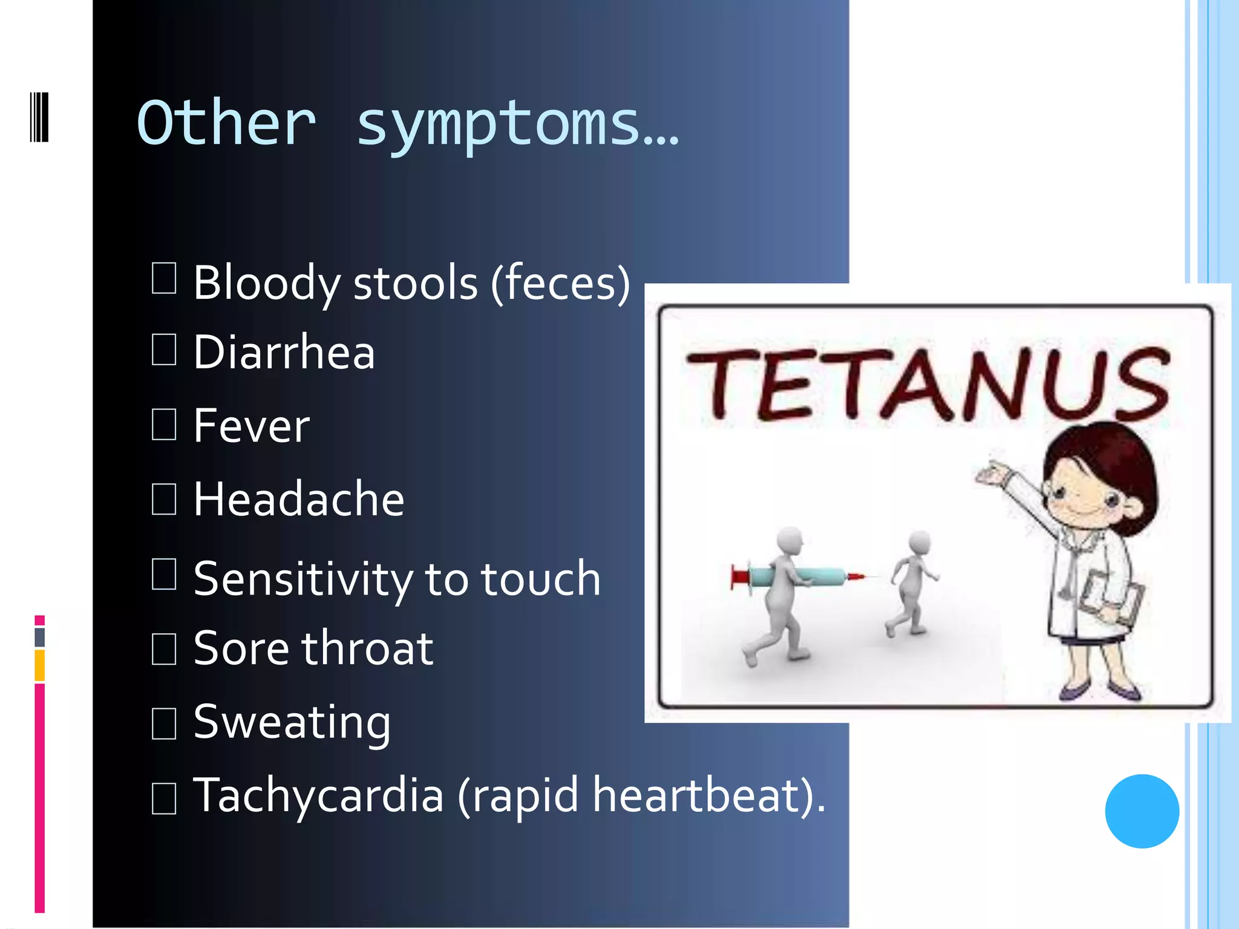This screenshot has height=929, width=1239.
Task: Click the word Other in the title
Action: pos(226,124)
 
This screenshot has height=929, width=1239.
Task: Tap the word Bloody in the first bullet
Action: pos(266,283)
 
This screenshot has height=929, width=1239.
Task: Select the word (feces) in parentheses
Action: pos(560,283)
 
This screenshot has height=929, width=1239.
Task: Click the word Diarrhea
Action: pos(284,353)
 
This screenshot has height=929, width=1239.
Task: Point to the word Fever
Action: pos(252,426)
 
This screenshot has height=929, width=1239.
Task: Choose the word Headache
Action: pos(299,500)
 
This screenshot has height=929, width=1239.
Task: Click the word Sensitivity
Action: pos(302,579)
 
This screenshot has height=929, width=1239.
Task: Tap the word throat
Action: pos(368,648)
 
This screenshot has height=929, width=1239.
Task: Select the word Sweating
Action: pos(292,722)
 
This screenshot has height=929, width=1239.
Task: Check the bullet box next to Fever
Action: pos(164,424)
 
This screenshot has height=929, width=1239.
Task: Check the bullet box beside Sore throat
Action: pos(164,649)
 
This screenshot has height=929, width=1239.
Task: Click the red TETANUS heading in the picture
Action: pos(928,385)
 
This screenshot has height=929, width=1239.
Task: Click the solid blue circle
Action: pos(1142,811)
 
